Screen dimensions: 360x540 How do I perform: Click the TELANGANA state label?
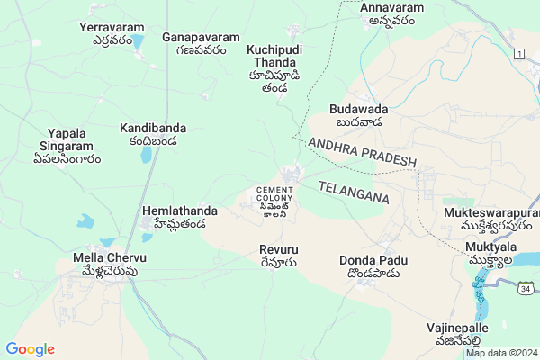coord(355,192)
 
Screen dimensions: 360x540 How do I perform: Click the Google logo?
coord(30,349)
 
